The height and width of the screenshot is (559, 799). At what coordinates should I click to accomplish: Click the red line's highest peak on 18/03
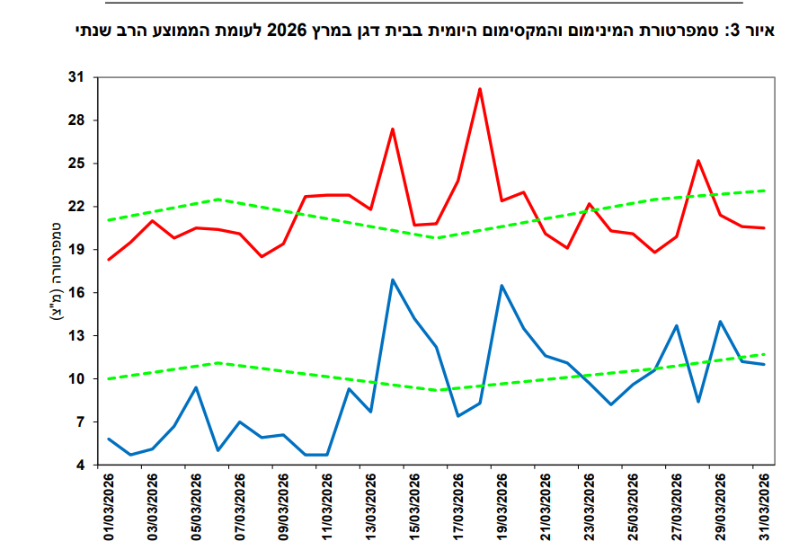[480, 89]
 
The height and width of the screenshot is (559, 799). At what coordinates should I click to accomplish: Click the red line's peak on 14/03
[393, 129]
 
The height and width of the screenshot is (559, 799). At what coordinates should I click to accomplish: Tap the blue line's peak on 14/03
[393, 279]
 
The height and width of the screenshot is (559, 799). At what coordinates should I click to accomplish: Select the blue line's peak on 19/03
[502, 286]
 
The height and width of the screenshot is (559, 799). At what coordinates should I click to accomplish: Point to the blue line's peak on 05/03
[196, 387]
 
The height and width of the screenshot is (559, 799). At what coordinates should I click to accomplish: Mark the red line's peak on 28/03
[698, 161]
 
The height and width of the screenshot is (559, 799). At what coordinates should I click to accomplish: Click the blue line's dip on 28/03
[698, 401]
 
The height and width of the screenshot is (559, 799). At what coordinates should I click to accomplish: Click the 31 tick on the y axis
[76, 77]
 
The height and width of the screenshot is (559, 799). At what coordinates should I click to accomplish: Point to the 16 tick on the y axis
[76, 293]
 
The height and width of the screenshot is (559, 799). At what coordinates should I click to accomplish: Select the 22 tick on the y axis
[76, 207]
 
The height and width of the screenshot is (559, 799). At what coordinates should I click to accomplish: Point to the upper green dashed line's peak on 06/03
[218, 200]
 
